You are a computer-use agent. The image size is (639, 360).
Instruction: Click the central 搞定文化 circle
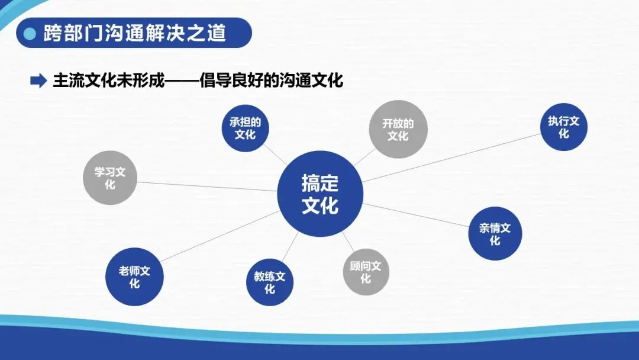(x=319, y=194)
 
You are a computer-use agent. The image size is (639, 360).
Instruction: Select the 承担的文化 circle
(x=245, y=128)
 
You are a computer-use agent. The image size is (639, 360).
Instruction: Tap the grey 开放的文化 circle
(x=398, y=129)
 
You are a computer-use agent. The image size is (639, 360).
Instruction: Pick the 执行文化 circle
(x=563, y=127)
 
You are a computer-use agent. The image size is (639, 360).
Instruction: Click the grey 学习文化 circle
(x=110, y=178)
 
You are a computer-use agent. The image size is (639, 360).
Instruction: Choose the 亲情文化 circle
(x=495, y=234)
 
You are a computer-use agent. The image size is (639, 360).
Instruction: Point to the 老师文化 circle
(x=134, y=277)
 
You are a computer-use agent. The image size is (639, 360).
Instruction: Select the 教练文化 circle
(x=270, y=282)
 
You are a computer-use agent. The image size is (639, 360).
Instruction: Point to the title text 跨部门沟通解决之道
(x=135, y=33)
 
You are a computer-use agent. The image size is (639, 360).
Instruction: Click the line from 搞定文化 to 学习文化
(x=207, y=186)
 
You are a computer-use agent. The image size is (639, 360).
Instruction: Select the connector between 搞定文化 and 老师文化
(x=219, y=236)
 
